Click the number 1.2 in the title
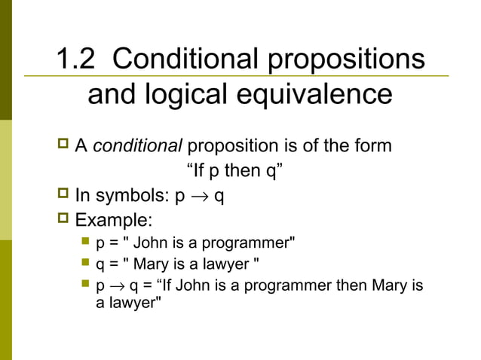(x=77, y=60)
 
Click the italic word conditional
(x=138, y=145)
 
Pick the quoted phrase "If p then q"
(x=234, y=171)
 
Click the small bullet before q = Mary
(x=84, y=264)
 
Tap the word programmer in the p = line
(x=251, y=243)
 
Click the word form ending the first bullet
(x=374, y=145)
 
